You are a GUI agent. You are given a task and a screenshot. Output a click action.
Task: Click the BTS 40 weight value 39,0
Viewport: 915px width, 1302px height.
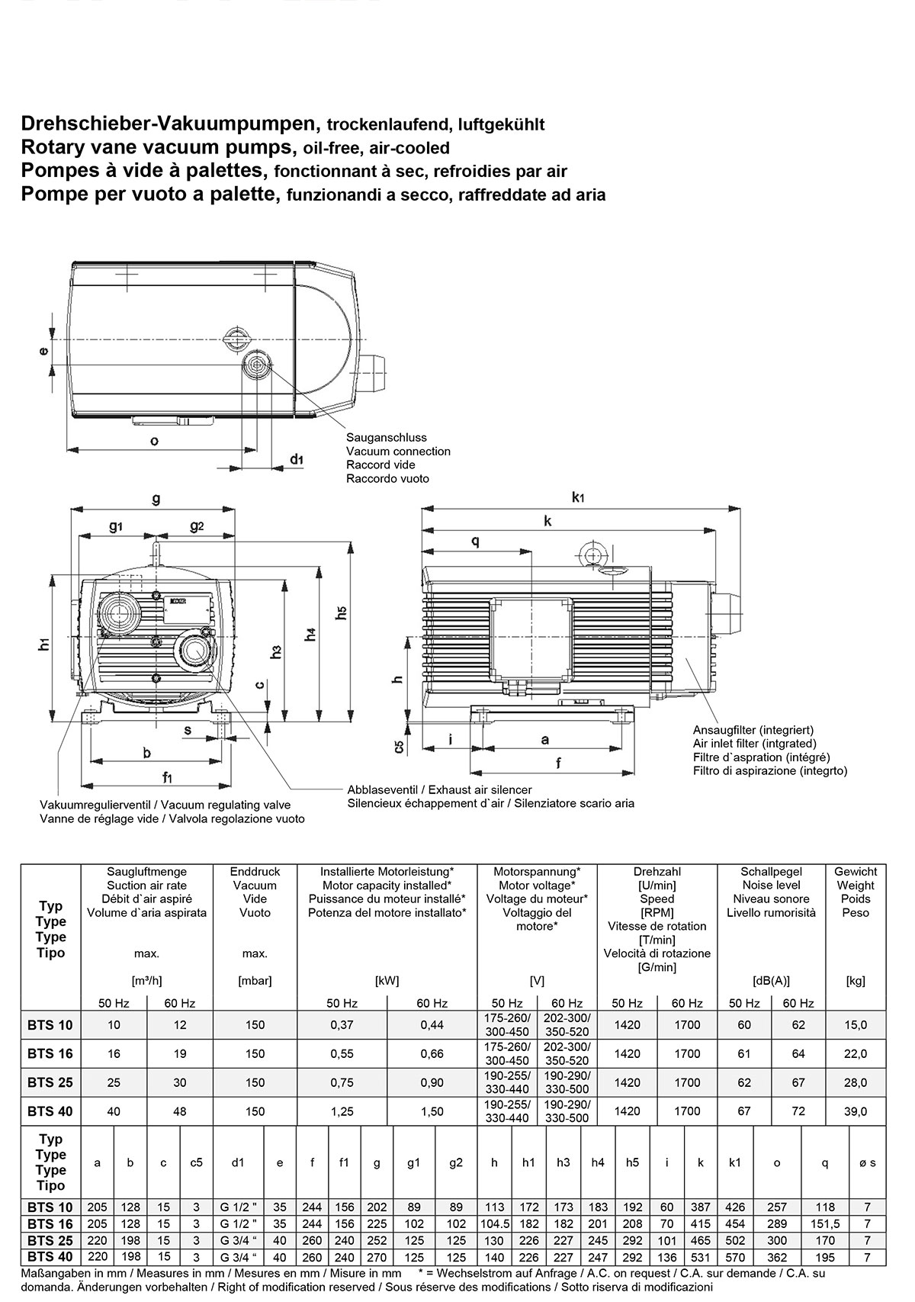tap(856, 1111)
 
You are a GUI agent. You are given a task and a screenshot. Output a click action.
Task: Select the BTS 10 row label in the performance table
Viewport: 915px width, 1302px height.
tap(50, 1025)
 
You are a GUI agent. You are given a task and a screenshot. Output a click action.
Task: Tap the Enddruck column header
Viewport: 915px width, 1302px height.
tap(255, 871)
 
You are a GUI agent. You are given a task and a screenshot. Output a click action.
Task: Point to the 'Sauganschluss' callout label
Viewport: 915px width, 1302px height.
tap(387, 438)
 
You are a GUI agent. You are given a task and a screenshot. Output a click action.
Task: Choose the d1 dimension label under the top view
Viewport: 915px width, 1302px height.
tap(297, 459)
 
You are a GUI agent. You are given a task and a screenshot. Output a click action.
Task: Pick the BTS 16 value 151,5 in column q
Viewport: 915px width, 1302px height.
tap(824, 1223)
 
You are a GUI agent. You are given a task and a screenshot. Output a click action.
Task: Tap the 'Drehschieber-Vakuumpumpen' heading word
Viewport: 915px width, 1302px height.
tap(169, 124)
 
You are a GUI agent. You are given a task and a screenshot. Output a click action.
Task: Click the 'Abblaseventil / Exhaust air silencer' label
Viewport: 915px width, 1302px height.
tap(439, 789)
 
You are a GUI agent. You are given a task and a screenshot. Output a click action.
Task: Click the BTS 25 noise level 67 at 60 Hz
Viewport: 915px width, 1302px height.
tap(798, 1082)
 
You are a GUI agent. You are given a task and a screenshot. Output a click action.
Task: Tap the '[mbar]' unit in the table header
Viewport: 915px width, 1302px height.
tap(255, 981)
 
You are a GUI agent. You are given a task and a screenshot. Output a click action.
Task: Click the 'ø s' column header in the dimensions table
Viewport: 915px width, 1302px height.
tap(868, 1163)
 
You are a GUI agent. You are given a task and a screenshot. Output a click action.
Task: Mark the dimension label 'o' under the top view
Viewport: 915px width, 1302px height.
tap(154, 441)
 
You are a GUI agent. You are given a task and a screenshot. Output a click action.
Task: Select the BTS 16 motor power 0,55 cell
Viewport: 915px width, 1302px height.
tap(342, 1054)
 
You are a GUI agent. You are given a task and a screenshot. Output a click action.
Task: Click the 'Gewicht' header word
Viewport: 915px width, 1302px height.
tap(856, 871)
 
